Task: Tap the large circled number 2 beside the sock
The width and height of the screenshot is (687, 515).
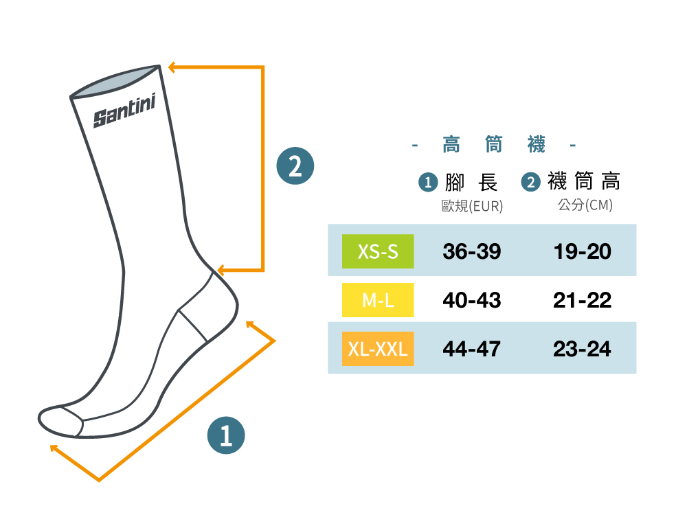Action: [x=295, y=166]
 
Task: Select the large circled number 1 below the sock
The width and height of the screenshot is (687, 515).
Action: [x=226, y=435]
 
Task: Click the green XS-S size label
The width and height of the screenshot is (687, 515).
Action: [x=378, y=251]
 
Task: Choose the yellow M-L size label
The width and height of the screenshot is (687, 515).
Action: [x=378, y=300]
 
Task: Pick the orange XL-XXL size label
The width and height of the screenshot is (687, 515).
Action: [x=378, y=349]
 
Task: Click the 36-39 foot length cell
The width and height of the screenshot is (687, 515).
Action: [x=472, y=251]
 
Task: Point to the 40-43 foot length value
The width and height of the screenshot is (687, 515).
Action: [x=472, y=300]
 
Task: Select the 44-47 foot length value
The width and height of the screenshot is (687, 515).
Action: [x=472, y=349]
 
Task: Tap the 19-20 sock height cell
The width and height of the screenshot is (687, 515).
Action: [x=583, y=251]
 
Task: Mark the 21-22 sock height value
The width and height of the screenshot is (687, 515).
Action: [x=583, y=300]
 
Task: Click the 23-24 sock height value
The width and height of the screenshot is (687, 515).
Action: [x=583, y=349]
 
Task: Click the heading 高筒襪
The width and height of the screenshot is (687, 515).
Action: [x=494, y=145]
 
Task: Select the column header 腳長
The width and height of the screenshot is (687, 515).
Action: [x=471, y=182]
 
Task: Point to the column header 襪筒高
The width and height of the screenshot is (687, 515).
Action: [x=584, y=182]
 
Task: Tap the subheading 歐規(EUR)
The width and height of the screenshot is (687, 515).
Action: [x=472, y=206]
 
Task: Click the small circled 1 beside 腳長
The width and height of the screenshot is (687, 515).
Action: [x=428, y=183]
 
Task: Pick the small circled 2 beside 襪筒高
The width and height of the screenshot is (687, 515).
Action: [x=531, y=182]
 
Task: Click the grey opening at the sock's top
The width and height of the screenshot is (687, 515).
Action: [x=115, y=82]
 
